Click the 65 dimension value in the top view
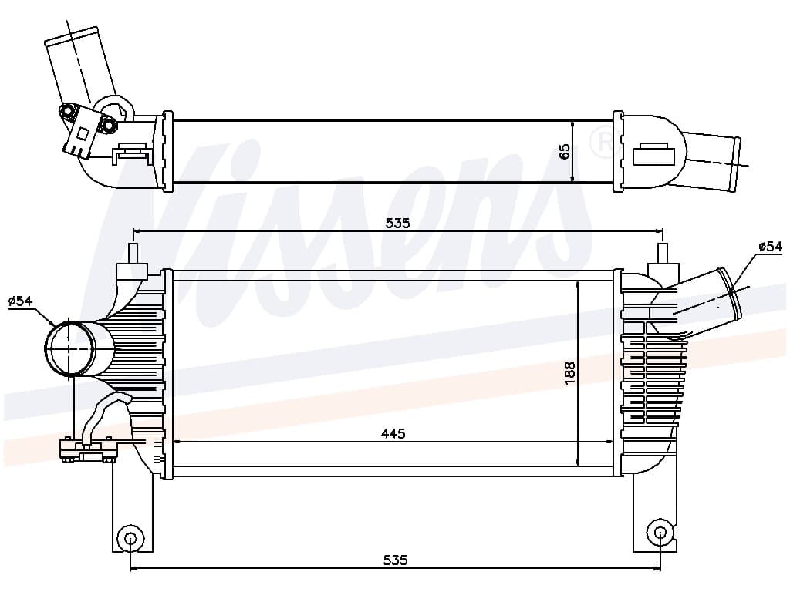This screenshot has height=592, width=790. (565, 151)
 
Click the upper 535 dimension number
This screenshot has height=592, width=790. (397, 223)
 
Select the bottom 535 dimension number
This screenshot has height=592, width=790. (395, 560)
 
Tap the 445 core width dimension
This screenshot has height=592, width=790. (393, 433)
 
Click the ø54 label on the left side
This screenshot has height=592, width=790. (21, 301)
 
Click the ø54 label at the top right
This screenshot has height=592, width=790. (769, 247)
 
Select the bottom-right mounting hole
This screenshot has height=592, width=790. (660, 531)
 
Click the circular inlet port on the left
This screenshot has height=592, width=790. (69, 348)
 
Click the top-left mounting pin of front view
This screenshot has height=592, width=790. (133, 254)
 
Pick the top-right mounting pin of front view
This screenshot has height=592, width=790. (661, 254)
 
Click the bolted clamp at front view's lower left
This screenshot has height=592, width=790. (87, 449)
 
